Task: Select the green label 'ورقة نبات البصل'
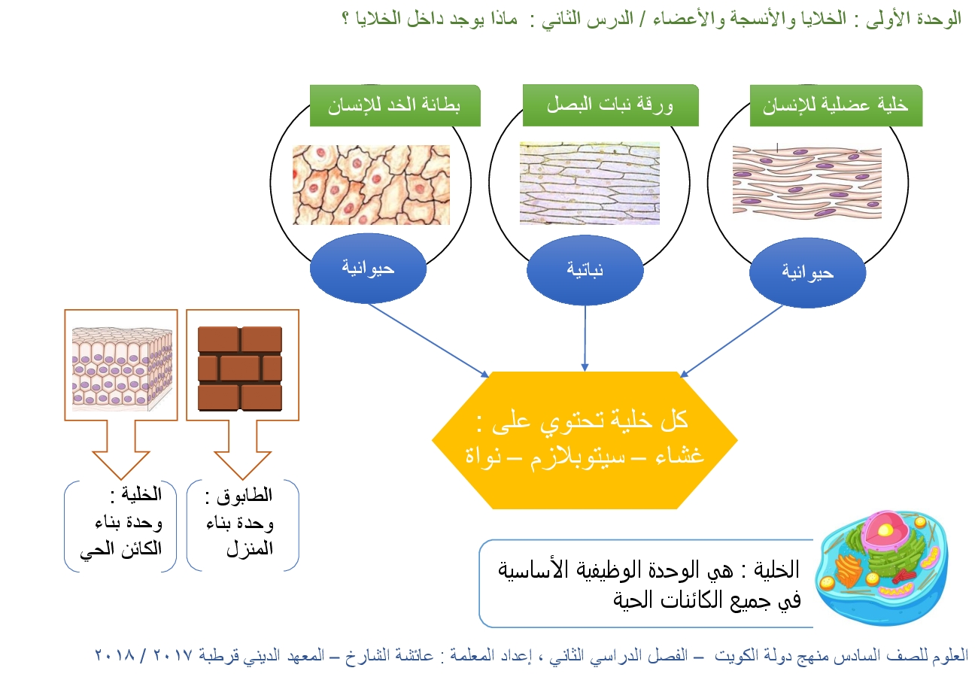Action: pyautogui.click(x=610, y=105)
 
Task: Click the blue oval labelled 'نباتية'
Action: pyautogui.click(x=585, y=269)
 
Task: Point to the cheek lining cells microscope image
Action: pyautogui.click(x=371, y=184)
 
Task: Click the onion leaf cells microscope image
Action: pyautogui.click(x=589, y=184)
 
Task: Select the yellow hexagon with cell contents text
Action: pyautogui.click(x=585, y=440)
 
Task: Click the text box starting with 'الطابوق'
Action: pyautogui.click(x=242, y=525)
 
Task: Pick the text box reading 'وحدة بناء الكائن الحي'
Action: pyautogui.click(x=120, y=525)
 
